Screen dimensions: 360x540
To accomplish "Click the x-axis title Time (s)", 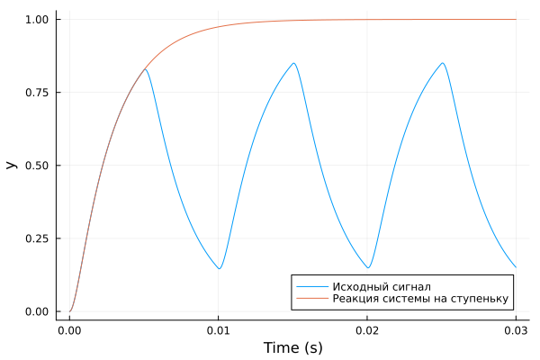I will tap(292, 347).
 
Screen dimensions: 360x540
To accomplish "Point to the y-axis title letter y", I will tap(12, 165).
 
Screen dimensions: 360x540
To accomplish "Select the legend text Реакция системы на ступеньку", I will tap(420, 299).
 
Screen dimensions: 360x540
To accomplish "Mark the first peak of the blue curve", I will tap(145, 69).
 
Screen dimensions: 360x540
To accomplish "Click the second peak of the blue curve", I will tap(293, 63).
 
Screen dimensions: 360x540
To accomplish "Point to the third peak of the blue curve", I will tap(442, 63).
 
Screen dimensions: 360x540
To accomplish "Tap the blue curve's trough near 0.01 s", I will tap(219, 268).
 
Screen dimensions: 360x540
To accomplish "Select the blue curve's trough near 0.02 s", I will tap(368, 267).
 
